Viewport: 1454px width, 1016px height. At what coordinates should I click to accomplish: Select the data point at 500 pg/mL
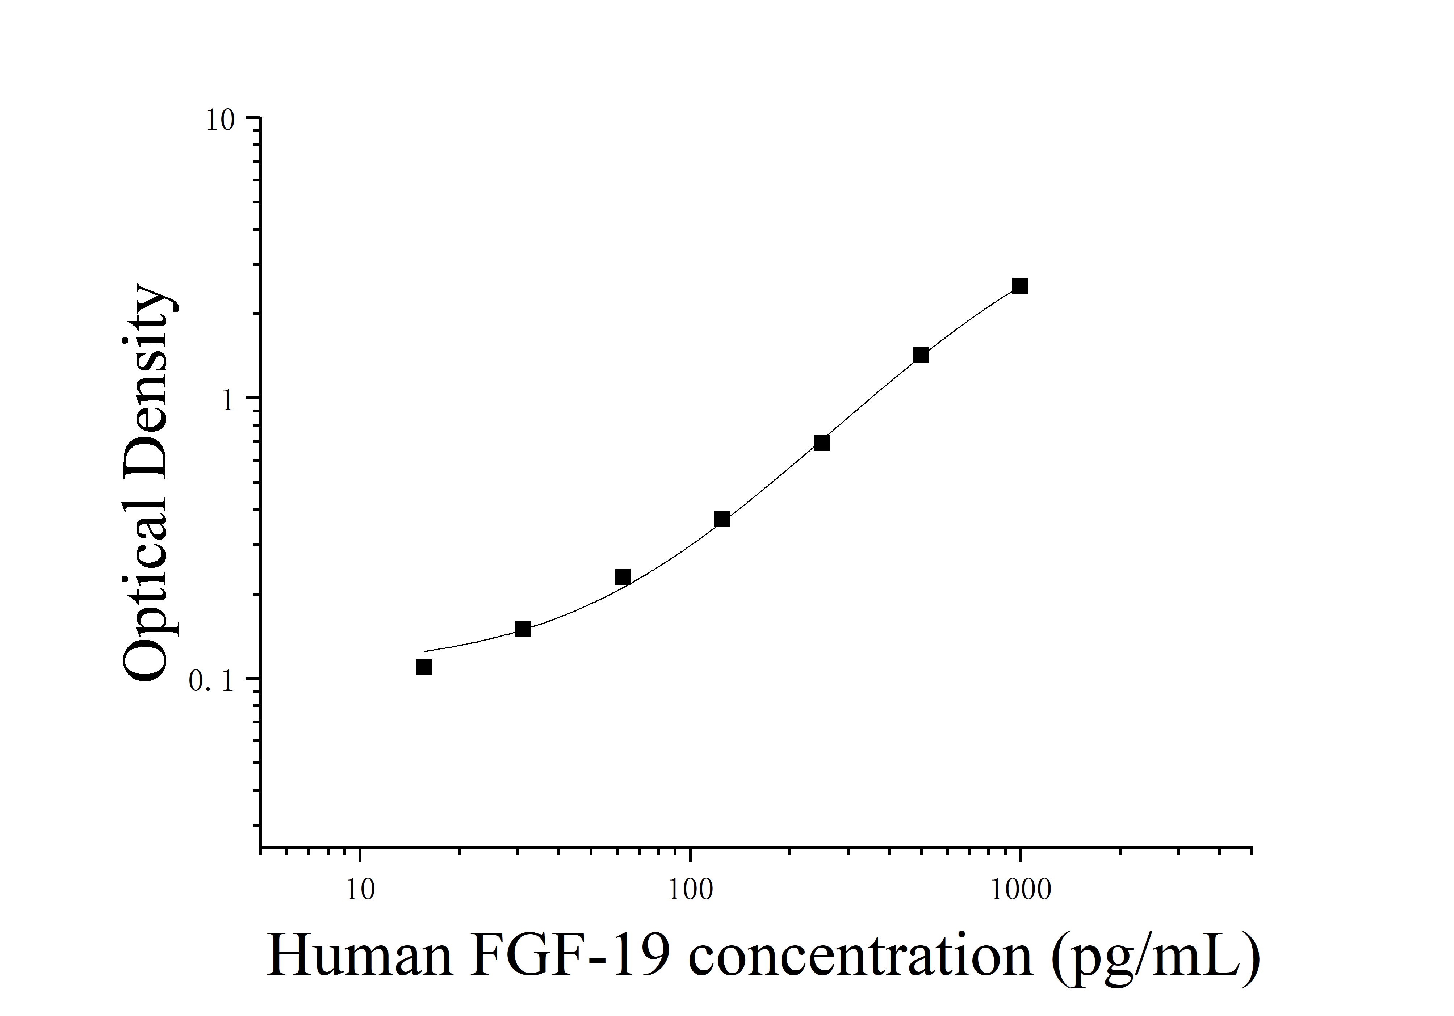[x=921, y=355]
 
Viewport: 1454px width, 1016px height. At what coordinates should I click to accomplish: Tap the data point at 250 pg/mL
[x=821, y=443]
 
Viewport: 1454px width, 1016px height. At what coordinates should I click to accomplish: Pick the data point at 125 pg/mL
[x=722, y=520]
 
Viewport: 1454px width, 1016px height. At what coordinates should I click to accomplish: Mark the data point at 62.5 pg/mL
[x=623, y=577]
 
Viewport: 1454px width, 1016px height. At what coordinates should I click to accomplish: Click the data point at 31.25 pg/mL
[x=523, y=629]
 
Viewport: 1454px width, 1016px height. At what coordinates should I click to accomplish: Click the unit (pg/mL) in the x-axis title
[x=1156, y=957]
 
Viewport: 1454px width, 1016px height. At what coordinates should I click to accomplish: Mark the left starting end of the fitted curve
[x=425, y=651]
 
